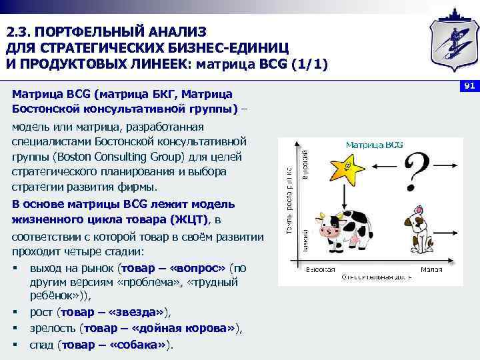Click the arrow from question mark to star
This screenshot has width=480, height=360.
385,165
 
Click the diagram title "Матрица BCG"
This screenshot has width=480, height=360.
373,145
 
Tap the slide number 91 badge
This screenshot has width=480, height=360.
469,86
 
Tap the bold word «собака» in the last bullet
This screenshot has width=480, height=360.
145,344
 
